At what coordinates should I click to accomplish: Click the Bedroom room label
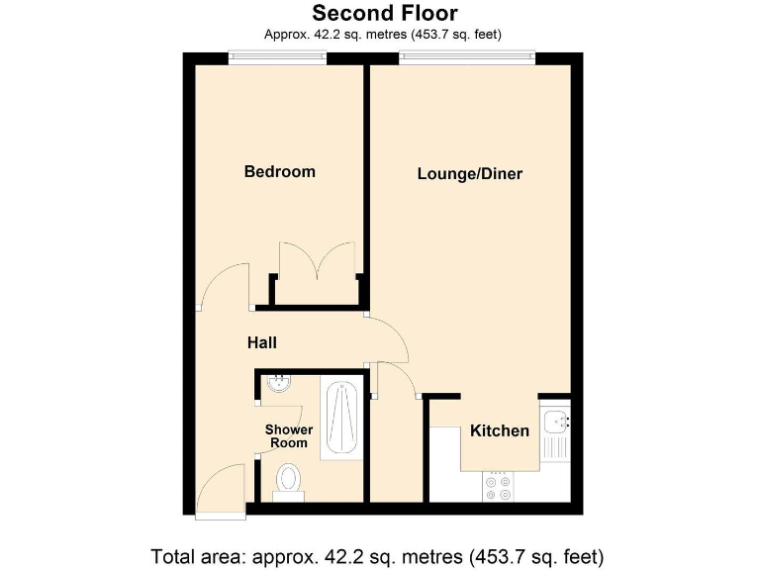pos(279,172)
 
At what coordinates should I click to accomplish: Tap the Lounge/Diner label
pos(469,174)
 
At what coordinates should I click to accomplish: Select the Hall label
pos(261,343)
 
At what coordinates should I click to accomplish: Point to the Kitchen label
pos(499,430)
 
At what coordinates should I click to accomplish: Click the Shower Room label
pos(289,435)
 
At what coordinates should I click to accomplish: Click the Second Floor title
pos(385,13)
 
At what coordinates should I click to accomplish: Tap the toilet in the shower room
pos(289,481)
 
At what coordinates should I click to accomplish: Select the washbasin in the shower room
pos(279,384)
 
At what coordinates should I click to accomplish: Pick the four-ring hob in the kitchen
pos(497,486)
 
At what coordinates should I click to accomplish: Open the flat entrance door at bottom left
pos(219,490)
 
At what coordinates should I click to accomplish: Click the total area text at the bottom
pos(376,554)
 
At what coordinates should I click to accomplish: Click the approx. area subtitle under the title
pos(383,35)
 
